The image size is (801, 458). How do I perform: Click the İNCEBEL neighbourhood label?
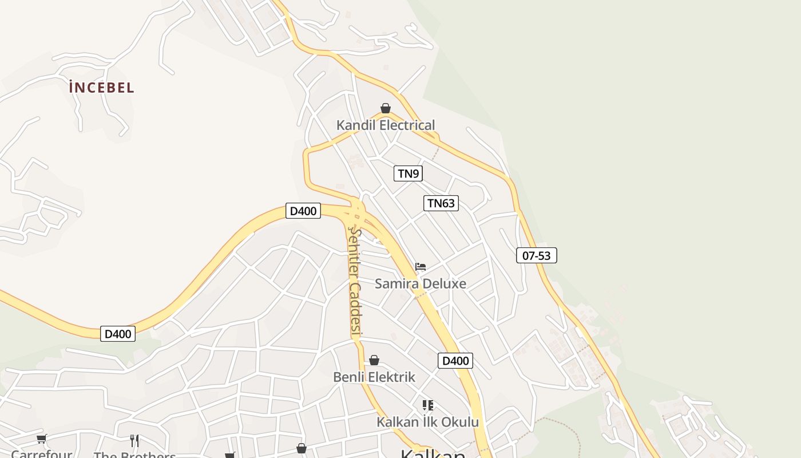click(101, 88)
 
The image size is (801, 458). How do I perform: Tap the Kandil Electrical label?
click(386, 125)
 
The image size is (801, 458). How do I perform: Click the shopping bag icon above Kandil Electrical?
click(386, 108)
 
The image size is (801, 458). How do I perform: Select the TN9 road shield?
click(408, 173)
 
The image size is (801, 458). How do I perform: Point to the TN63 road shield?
click(441, 203)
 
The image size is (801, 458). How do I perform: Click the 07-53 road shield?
click(536, 255)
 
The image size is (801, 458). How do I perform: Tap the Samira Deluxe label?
click(421, 283)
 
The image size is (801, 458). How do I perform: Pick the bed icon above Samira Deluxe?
click(421, 267)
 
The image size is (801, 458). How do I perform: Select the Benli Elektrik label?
click(374, 377)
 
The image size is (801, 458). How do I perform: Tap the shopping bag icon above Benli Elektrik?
click(374, 360)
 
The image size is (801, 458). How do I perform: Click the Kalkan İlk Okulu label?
click(427, 423)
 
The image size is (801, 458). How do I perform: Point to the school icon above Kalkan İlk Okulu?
click(427, 405)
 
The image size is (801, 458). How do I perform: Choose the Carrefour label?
click(41, 454)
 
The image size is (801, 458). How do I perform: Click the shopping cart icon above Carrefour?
click(41, 439)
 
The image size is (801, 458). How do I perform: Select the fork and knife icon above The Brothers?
click(134, 440)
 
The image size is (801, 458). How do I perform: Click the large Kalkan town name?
click(433, 453)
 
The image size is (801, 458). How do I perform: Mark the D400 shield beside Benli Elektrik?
click(455, 361)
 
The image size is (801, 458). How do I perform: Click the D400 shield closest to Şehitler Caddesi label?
click(303, 211)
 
